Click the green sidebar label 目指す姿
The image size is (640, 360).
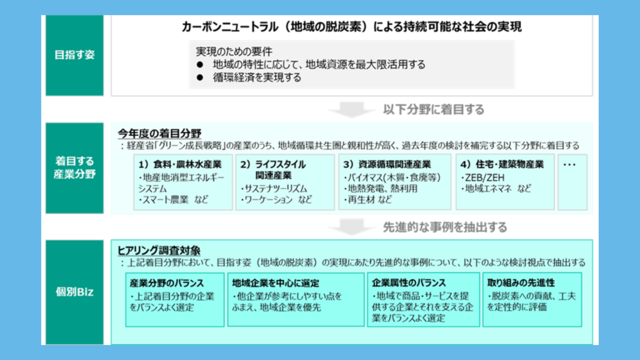coord(75,55)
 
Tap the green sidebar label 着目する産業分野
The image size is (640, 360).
coord(75,167)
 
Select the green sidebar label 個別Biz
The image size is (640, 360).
coord(75,292)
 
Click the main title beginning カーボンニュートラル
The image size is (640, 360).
coord(351,27)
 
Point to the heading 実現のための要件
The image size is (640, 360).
coord(234,51)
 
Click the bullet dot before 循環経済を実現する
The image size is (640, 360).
coord(199,77)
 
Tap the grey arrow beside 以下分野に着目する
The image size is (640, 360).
coord(351,109)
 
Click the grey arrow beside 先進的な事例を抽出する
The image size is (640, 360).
coord(351,227)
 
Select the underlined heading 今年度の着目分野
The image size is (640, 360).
coord(159,134)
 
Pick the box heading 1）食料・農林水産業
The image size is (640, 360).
coord(180,164)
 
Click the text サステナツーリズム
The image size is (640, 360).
coord(274,189)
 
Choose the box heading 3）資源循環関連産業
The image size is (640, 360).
coord(387,164)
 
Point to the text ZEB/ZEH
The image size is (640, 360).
coord(482,177)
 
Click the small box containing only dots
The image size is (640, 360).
coord(572,182)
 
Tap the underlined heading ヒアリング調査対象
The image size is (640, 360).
coord(159,250)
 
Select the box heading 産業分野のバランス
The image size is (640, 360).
coord(166,283)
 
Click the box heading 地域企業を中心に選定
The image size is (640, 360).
coord(276,283)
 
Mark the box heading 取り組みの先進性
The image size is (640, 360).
coord(521,283)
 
